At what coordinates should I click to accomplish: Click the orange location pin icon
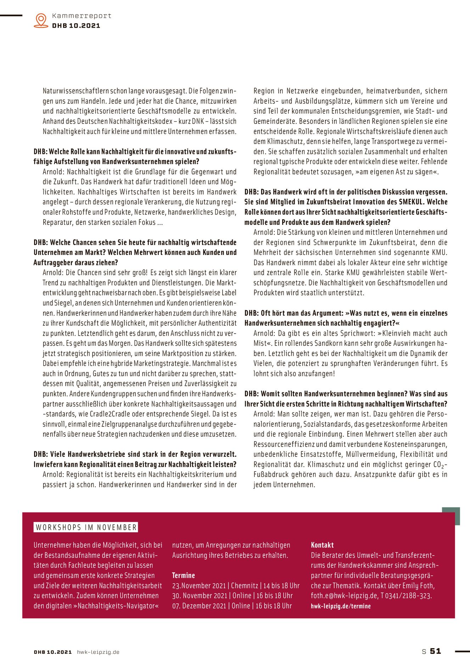(x=41, y=20)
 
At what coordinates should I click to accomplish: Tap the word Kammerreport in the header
(x=82, y=16)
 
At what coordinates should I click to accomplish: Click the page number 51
(x=435, y=651)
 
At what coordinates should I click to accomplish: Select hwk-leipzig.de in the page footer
(x=98, y=652)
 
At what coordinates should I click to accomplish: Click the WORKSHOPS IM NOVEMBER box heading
(x=86, y=527)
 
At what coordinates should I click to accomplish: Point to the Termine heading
(x=183, y=575)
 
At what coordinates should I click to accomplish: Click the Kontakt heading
(x=322, y=545)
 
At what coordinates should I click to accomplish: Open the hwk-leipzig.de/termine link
(x=341, y=606)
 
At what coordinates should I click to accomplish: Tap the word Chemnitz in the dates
(x=244, y=586)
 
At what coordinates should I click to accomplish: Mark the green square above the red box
(x=451, y=516)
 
